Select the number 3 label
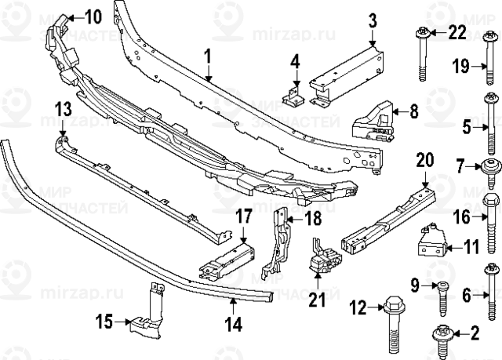click(x=373, y=18)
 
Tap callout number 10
click(x=93, y=16)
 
